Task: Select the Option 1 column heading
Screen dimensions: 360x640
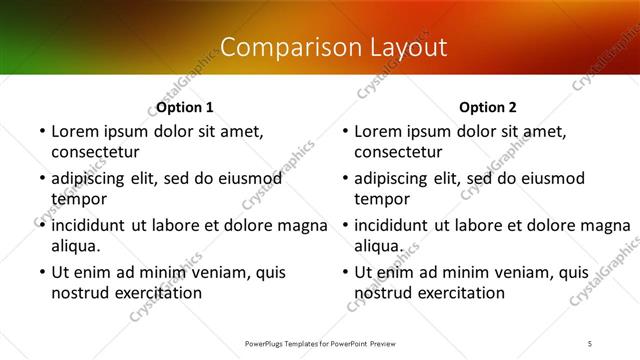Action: pos(185,107)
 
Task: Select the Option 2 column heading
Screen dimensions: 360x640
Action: pos(488,107)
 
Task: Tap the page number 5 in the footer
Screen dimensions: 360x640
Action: pos(590,343)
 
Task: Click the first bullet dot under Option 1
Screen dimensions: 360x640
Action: pos(41,131)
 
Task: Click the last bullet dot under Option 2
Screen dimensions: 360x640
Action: pos(345,272)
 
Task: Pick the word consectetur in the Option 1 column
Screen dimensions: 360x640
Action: pos(95,152)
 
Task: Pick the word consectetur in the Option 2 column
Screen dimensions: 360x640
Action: pos(399,152)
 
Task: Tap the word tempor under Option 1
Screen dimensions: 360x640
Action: pos(77,199)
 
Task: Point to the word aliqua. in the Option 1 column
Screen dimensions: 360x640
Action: pos(76,246)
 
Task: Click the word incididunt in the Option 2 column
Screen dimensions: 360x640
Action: pos(393,225)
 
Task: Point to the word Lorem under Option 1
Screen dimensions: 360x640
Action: pos(75,131)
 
